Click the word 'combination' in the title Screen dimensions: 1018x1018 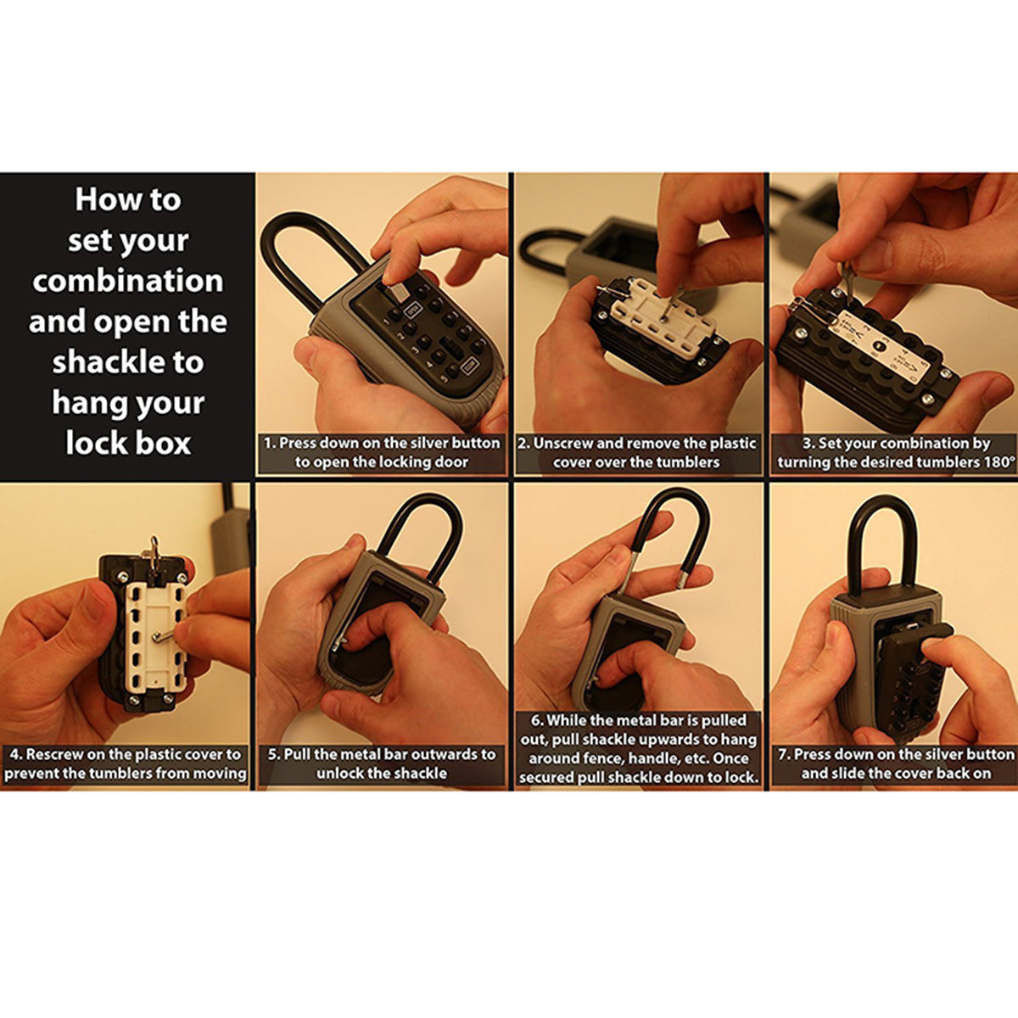coord(127,281)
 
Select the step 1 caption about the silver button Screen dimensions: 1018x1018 coord(382,453)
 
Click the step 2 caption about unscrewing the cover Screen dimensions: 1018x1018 coord(636,453)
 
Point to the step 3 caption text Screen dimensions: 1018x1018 coord(896,453)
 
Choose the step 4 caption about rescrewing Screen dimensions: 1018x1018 coord(126,763)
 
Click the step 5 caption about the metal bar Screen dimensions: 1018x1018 coord(382,763)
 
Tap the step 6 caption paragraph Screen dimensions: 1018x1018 coord(638,748)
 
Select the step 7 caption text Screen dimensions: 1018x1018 coord(896,763)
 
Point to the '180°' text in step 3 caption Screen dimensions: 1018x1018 coord(996,463)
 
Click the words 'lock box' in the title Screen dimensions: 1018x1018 coord(128,443)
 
